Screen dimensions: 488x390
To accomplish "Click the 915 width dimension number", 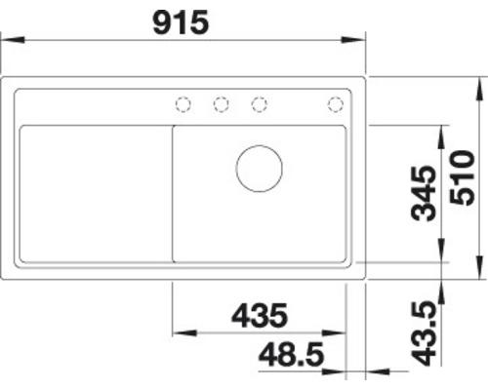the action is (181, 22).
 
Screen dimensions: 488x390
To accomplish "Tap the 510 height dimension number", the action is (462, 177).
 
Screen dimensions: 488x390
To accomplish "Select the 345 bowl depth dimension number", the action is (423, 193).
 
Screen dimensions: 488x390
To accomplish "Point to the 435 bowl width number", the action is (260, 315).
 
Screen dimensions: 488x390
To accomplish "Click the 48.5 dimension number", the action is (292, 354).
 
